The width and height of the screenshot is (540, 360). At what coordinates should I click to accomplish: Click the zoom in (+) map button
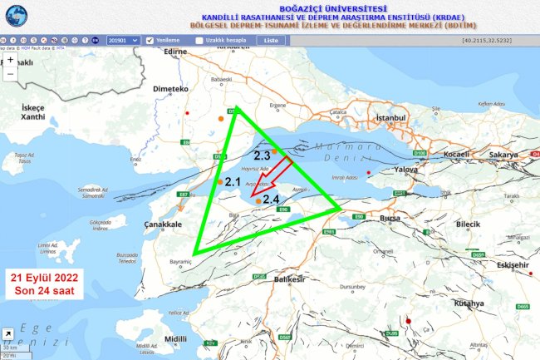click(x=10, y=61)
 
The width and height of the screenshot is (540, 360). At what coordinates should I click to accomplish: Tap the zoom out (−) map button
click(x=10, y=74)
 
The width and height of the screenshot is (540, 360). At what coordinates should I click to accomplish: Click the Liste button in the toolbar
click(x=270, y=40)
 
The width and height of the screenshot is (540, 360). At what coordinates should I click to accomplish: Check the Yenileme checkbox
click(x=150, y=40)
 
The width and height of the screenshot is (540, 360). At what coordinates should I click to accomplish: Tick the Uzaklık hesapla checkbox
click(x=199, y=40)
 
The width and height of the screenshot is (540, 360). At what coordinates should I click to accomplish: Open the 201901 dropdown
click(x=122, y=40)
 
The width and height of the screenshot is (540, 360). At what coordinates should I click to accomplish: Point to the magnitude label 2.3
click(x=263, y=155)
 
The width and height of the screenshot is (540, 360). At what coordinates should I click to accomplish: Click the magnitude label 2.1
click(x=233, y=181)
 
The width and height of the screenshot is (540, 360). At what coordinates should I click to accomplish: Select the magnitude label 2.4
click(x=270, y=200)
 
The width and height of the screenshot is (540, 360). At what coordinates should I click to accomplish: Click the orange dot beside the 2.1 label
click(x=220, y=181)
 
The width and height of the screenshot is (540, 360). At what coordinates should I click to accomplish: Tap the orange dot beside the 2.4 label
click(x=258, y=200)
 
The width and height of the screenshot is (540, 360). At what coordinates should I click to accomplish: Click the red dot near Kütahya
click(x=408, y=321)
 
